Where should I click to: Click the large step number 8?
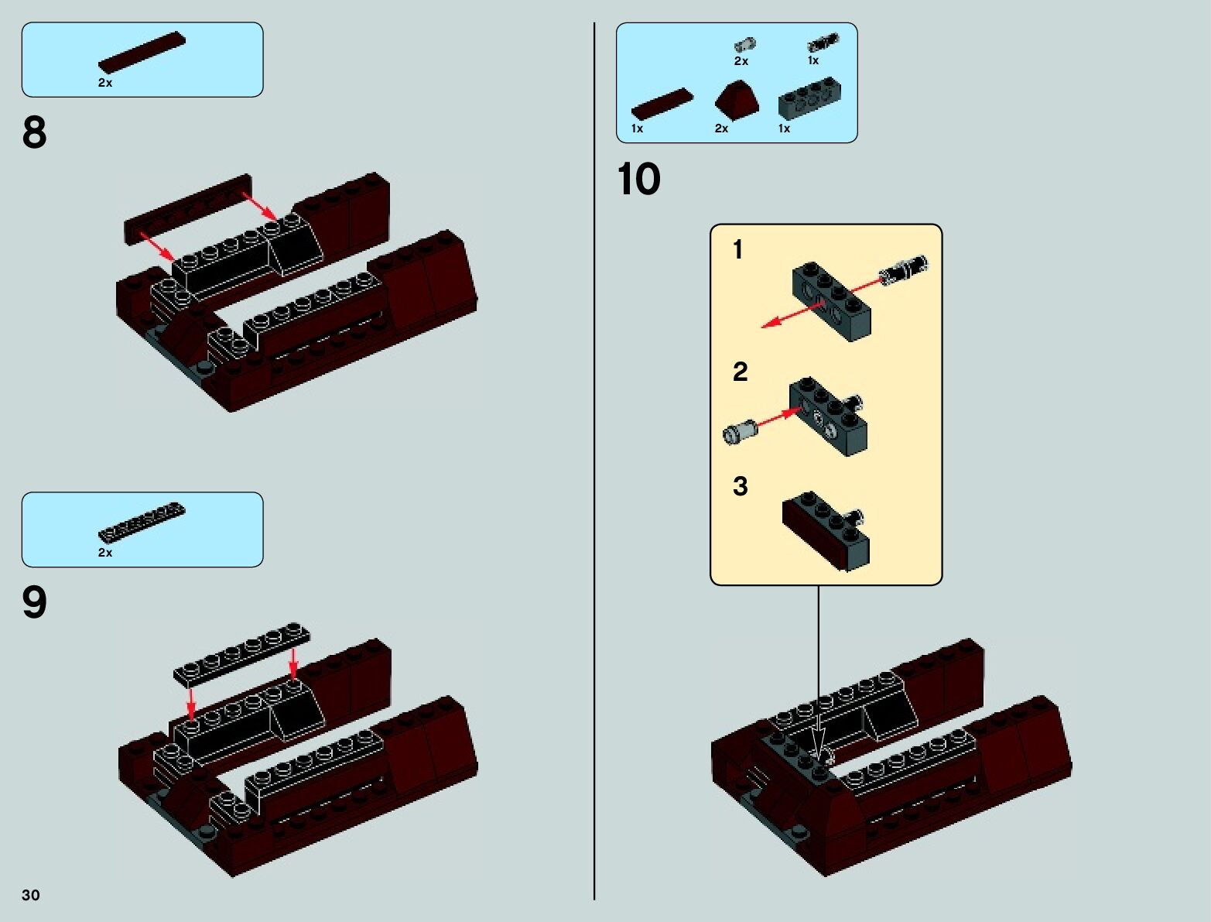pyautogui.click(x=34, y=132)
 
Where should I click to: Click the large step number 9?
pyautogui.click(x=34, y=602)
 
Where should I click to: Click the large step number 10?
pyautogui.click(x=638, y=180)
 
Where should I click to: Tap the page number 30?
pyautogui.click(x=30, y=895)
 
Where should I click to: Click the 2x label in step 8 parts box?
pyautogui.click(x=105, y=83)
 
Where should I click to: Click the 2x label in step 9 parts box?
pyautogui.click(x=105, y=553)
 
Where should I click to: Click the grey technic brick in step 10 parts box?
pyautogui.click(x=809, y=99)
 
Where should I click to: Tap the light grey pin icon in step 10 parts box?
pyautogui.click(x=744, y=45)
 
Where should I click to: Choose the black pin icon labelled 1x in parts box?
pyautogui.click(x=822, y=43)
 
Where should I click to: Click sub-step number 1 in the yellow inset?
pyautogui.click(x=737, y=249)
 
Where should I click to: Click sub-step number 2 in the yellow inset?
pyautogui.click(x=740, y=372)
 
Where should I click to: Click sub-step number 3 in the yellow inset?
pyautogui.click(x=740, y=486)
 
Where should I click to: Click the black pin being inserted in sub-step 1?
pyautogui.click(x=904, y=269)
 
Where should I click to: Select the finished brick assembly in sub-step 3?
pyautogui.click(x=826, y=531)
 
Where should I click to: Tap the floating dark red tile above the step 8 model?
pyautogui.click(x=188, y=207)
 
